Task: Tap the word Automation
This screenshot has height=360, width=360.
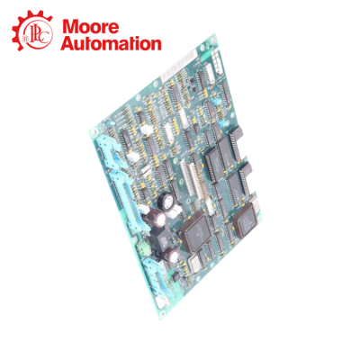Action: pos(112,42)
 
